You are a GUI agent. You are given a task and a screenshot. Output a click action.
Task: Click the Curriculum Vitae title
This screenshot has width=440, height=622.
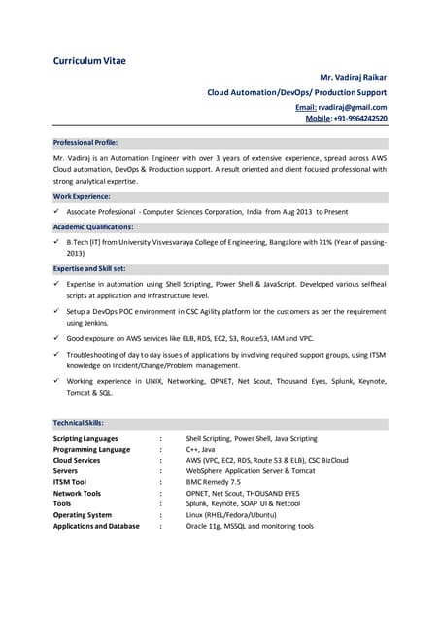(89, 61)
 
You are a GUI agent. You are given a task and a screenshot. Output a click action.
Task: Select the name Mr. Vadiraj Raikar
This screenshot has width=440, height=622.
(354, 77)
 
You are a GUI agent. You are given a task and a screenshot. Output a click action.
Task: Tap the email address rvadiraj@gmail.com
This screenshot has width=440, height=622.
(355, 107)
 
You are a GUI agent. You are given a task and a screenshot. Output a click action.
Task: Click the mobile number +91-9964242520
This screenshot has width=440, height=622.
(360, 119)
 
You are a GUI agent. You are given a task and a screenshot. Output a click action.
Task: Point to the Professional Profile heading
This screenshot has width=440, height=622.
(85, 142)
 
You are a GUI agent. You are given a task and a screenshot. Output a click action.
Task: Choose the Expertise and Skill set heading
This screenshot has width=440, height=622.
(89, 268)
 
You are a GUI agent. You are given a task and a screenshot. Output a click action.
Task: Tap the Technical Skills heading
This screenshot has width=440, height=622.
(79, 424)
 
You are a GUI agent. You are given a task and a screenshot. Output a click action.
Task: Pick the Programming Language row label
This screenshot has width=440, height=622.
(91, 450)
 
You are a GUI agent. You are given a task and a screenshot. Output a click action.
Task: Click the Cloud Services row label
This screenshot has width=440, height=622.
(77, 461)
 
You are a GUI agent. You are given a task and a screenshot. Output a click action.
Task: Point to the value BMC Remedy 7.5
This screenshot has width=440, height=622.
(214, 482)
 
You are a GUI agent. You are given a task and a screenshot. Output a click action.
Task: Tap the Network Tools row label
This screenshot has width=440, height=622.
(77, 493)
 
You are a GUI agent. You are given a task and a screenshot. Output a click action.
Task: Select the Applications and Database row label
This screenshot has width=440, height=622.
(96, 526)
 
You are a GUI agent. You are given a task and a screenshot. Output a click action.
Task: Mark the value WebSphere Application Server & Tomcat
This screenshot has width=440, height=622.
(251, 471)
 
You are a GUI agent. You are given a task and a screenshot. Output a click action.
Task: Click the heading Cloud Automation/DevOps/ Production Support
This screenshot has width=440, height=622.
(296, 92)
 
